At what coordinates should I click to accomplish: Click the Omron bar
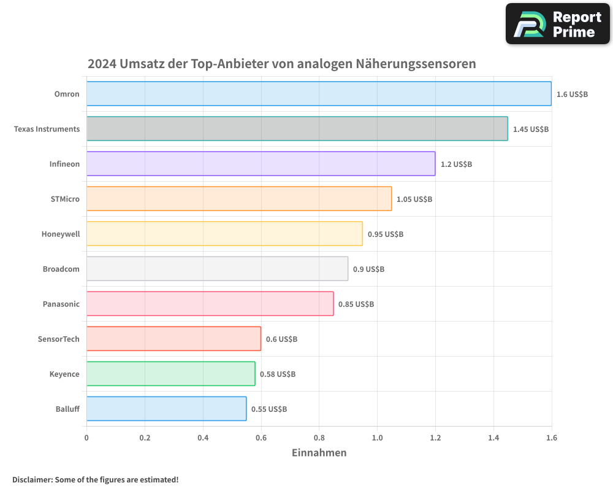pyautogui.click(x=319, y=94)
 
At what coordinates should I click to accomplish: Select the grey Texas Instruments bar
pyautogui.click(x=297, y=129)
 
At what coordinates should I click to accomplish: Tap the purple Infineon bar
pyautogui.click(x=261, y=164)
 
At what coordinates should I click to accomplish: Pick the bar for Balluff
pyautogui.click(x=166, y=409)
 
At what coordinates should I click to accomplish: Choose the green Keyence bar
pyautogui.click(x=170, y=374)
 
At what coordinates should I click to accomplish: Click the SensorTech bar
pyautogui.click(x=173, y=339)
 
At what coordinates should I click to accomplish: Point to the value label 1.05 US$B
pyautogui.click(x=414, y=199)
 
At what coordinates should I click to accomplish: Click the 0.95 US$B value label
pyautogui.click(x=386, y=234)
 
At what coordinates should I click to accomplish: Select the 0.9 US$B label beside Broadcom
pyautogui.click(x=369, y=269)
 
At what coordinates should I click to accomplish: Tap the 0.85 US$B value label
pyautogui.click(x=356, y=304)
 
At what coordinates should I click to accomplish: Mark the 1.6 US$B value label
pyautogui.click(x=572, y=95)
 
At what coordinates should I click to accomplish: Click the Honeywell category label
pyautogui.click(x=61, y=234)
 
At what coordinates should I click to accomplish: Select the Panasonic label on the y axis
pyautogui.click(x=61, y=304)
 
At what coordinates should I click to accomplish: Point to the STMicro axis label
pyautogui.click(x=65, y=199)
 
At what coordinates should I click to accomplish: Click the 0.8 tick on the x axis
pyautogui.click(x=319, y=438)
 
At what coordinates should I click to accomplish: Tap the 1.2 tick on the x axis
pyautogui.click(x=435, y=438)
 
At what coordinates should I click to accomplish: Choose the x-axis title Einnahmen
pyautogui.click(x=319, y=453)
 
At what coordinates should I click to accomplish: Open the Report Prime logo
pyautogui.click(x=557, y=25)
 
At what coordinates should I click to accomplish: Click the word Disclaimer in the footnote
pyautogui.click(x=32, y=480)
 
